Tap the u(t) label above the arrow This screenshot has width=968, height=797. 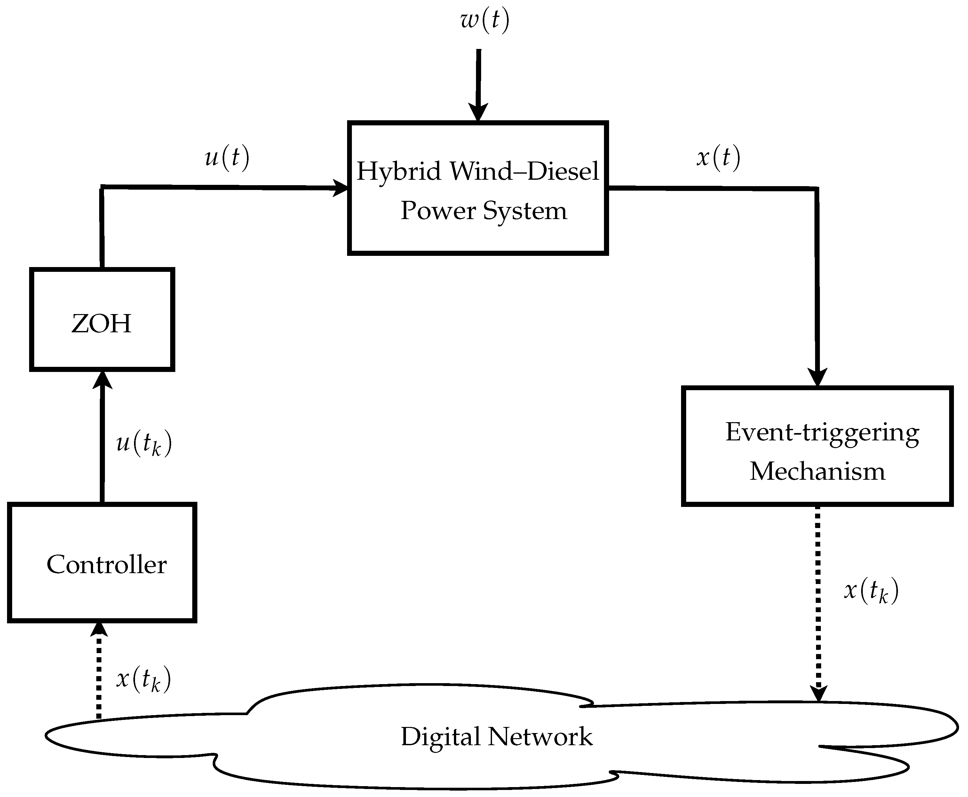pos(227,157)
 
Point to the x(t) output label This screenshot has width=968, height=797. pos(718,157)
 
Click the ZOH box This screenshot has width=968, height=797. pos(102,320)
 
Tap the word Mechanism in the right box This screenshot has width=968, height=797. pos(817,471)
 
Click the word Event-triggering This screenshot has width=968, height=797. pos(822,432)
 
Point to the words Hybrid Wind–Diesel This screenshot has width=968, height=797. pos(478,171)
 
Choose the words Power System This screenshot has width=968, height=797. pos(484,211)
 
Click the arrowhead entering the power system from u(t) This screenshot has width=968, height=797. pos(340,188)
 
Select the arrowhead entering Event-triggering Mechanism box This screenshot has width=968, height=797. pos(817,377)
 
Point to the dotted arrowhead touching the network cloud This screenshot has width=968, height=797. pos(819,693)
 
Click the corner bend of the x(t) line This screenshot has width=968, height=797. pos(816,189)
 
